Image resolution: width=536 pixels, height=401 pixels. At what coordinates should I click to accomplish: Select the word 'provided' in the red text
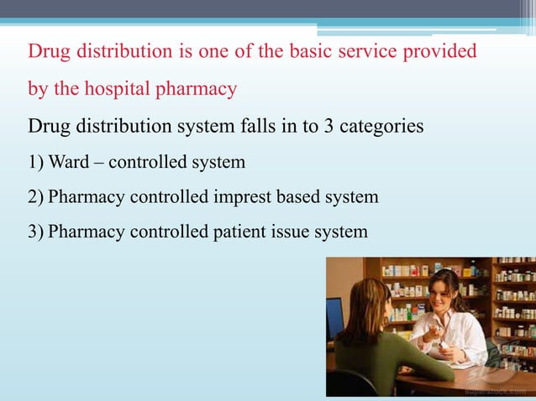tap(446, 52)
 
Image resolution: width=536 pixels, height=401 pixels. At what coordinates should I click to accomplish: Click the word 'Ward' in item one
tap(69, 162)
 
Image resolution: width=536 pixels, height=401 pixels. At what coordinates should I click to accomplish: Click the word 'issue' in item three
tap(292, 231)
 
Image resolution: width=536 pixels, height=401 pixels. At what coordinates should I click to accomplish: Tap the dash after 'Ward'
tap(98, 162)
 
